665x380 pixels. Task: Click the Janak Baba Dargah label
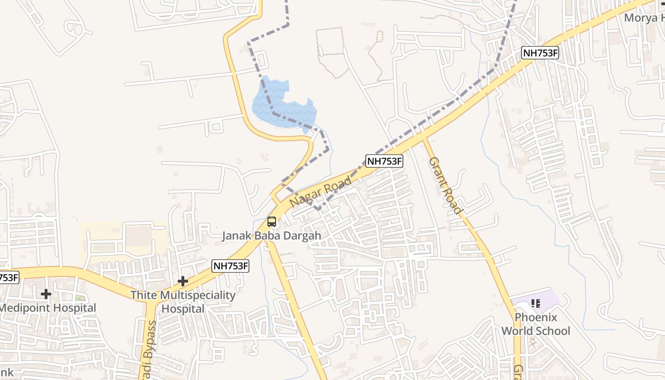[272, 236]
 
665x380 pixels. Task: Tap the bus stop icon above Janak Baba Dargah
[272, 222]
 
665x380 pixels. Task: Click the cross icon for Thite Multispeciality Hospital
[183, 281]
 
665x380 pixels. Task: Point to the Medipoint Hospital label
[47, 308]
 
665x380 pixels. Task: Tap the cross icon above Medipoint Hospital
[46, 294]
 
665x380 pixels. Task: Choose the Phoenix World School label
[536, 324]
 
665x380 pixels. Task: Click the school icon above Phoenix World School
[536, 303]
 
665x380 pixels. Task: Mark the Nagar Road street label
[321, 191]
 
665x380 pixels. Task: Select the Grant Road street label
[445, 186]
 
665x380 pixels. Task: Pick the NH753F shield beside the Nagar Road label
[384, 161]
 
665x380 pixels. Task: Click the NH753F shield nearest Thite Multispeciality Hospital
[231, 266]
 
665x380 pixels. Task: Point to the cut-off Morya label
[644, 18]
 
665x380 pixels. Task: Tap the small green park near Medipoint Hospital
[80, 298]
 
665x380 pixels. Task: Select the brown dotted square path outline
[330, 45]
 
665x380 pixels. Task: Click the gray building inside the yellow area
[138, 236]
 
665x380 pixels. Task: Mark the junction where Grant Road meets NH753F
[424, 138]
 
